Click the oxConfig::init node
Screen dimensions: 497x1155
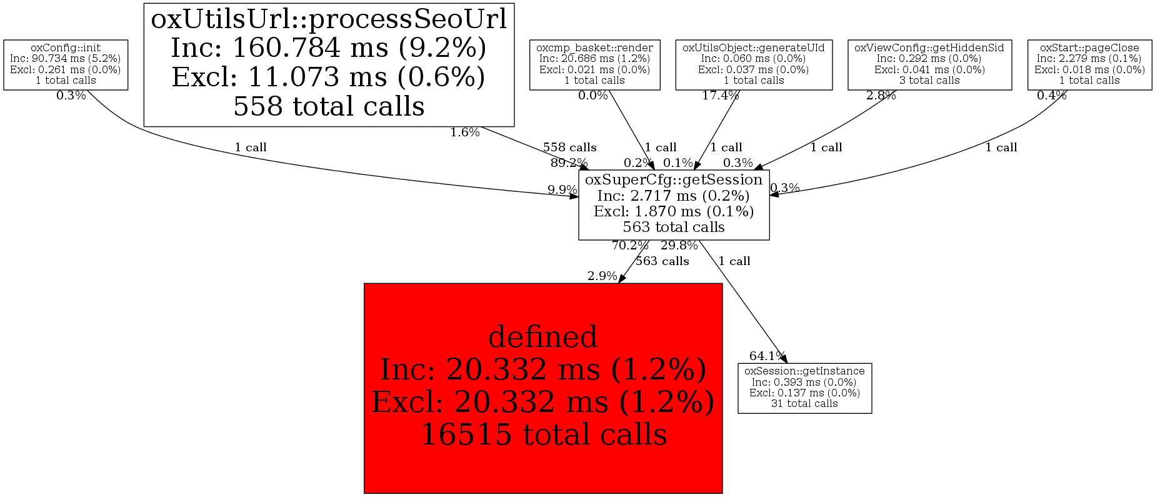tap(66, 64)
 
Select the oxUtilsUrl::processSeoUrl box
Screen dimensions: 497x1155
tap(329, 64)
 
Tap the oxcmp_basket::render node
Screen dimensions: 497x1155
tap(594, 64)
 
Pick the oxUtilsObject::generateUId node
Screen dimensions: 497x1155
tap(753, 64)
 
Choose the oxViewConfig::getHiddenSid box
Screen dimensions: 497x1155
tap(929, 64)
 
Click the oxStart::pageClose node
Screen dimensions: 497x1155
tap(1089, 64)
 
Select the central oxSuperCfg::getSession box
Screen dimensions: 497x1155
tap(673, 204)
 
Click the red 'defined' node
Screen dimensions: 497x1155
tap(542, 388)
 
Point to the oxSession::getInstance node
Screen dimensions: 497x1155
tap(804, 388)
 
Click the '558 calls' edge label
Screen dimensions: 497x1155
tap(569, 148)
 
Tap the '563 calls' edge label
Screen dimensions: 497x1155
tap(662, 261)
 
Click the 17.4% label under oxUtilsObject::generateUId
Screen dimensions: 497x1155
tap(720, 96)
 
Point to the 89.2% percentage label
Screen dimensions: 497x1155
tap(569, 163)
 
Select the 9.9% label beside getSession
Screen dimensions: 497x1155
tap(562, 189)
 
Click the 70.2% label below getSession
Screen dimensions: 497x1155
tap(629, 246)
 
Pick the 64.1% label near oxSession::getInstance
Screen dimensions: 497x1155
tap(767, 356)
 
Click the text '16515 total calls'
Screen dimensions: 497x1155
tap(543, 434)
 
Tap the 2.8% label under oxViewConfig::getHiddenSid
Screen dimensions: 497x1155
tap(881, 96)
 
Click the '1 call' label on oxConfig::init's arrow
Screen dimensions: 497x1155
tap(250, 148)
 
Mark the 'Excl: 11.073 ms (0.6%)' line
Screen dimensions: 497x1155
tap(329, 78)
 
